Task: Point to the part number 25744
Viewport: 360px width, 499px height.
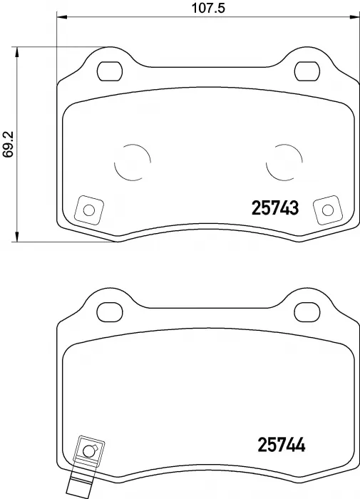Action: pyautogui.click(x=280, y=446)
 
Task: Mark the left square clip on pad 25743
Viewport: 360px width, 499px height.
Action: pyautogui.click(x=88, y=210)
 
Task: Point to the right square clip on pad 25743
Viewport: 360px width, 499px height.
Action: pyautogui.click(x=327, y=210)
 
